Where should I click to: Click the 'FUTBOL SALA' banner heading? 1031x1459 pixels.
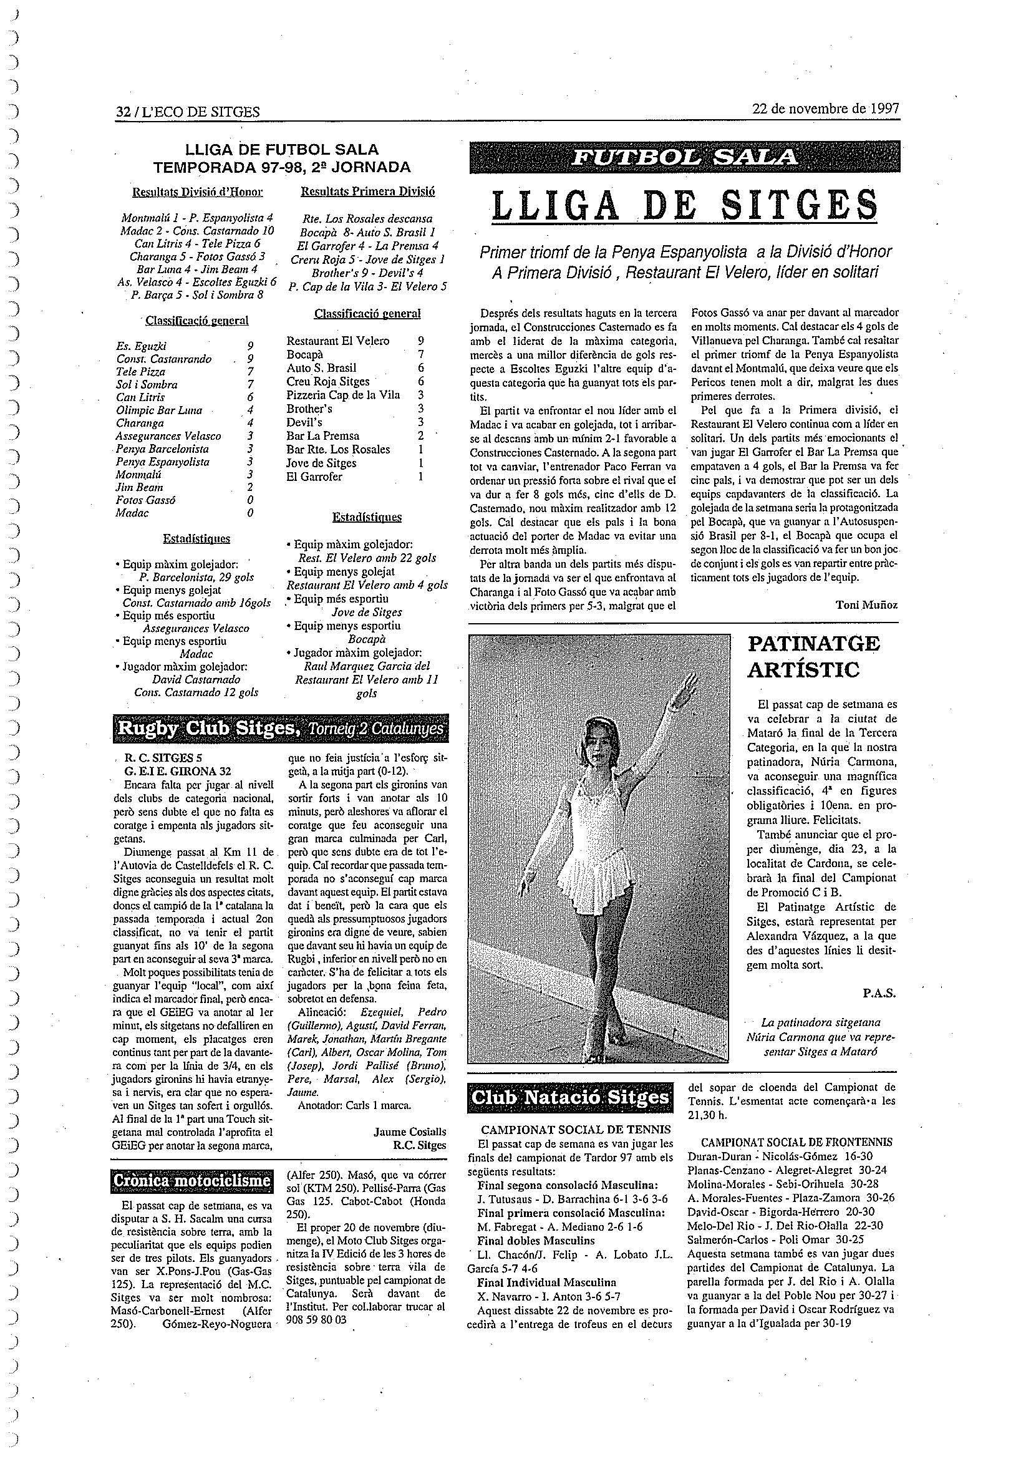tap(684, 157)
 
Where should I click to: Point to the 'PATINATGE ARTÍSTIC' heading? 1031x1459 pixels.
tap(813, 656)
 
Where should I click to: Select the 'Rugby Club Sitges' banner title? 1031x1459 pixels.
tap(207, 729)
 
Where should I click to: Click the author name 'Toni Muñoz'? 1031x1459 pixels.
tap(866, 605)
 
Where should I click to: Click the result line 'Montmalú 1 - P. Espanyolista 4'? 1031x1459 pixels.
tap(197, 217)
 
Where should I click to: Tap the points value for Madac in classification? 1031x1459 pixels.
tap(250, 513)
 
